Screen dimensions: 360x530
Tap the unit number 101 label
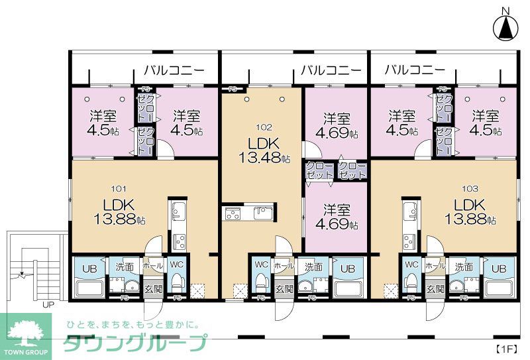coord(110,188)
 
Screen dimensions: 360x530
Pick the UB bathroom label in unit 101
coord(88,268)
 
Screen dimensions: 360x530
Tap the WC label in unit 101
coord(176,265)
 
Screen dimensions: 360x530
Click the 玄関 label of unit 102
coord(284,289)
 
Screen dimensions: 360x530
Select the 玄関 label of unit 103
coord(435,289)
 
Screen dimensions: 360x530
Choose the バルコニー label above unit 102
coord(331,70)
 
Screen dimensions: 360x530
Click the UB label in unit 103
coord(499,268)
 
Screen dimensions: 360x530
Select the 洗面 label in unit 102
coord(313,267)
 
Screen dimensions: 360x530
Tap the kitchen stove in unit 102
coord(233,213)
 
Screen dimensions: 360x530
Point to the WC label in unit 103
coord(411,265)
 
